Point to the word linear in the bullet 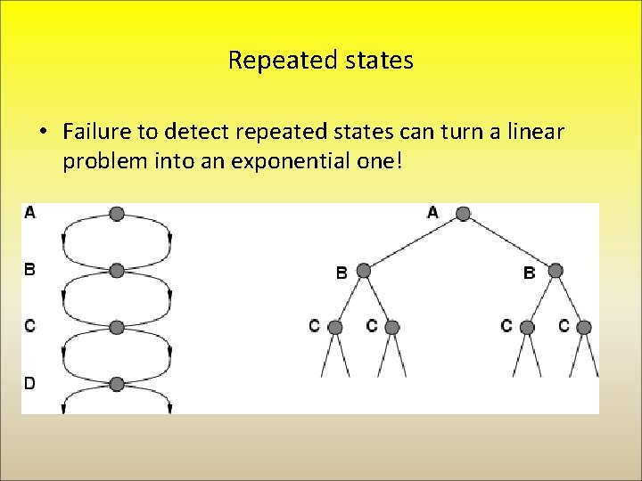534,132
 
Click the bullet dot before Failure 43,133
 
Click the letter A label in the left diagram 30,213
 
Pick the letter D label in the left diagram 30,383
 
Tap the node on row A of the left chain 117,214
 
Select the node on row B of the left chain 117,270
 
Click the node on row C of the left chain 117,327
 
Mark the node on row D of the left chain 117,384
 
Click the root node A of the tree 462,214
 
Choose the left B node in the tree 363,270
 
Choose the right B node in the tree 555,270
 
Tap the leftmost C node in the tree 335,327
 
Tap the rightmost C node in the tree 584,327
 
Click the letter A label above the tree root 433,212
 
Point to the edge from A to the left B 412,242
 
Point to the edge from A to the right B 508,242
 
